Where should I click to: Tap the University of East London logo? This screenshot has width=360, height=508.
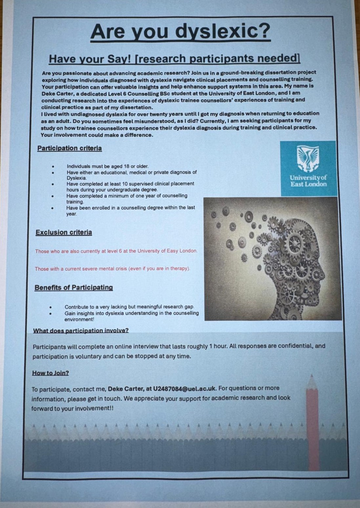pos(308,168)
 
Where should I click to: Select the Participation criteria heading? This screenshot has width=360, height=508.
pos(70,148)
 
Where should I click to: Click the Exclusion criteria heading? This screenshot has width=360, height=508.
pos(64,232)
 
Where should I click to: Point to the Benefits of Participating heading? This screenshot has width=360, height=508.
pos(74,288)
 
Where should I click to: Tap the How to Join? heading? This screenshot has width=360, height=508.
pos(51,373)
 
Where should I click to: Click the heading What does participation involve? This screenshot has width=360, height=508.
pos(81,330)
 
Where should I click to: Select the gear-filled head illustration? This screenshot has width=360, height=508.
pos(272,259)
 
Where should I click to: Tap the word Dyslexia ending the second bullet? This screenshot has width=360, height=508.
pos(76,178)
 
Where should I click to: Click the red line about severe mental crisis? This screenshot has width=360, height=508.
pos(112,269)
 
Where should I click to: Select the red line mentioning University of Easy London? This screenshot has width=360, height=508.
pos(116,251)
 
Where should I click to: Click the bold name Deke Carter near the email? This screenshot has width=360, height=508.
pos(125,389)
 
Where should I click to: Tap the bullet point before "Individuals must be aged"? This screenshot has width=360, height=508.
pos(53,166)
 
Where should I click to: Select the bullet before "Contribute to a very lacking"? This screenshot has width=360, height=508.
pos(51,307)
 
